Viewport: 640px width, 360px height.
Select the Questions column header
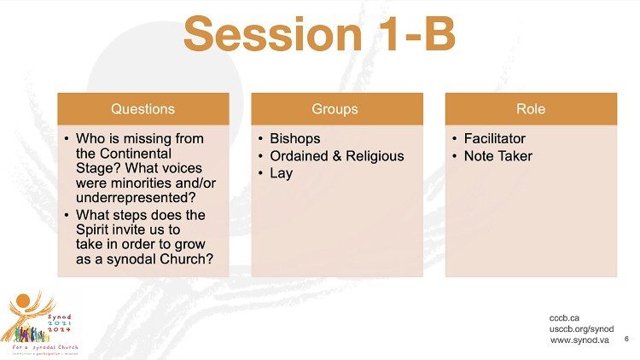pos(143,109)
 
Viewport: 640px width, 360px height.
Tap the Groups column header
pos(337,109)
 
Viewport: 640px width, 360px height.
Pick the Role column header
pos(531,109)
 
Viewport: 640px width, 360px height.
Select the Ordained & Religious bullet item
pos(336,156)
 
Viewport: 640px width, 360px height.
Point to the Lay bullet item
pos(281,173)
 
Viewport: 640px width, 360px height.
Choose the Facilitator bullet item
pos(495,138)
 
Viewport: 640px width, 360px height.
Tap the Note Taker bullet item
pos(497,156)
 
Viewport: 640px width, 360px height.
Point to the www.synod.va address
pos(581,340)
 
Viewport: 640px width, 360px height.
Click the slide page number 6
pos(626,339)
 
